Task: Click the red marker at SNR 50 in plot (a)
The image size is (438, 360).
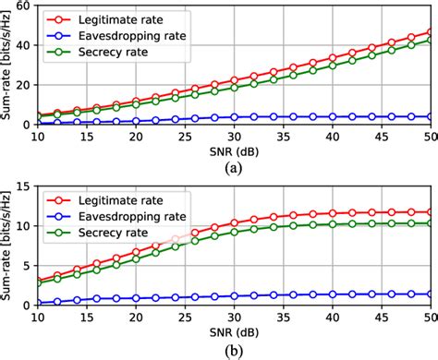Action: coord(432,31)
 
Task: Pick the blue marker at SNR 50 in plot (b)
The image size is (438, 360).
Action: coord(432,294)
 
